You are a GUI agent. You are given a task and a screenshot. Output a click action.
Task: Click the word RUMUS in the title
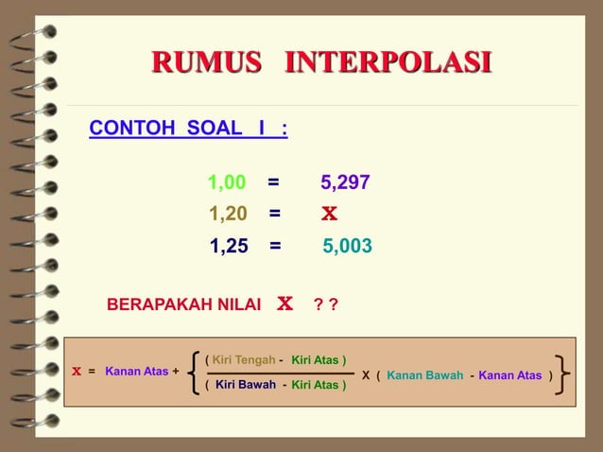tap(206, 63)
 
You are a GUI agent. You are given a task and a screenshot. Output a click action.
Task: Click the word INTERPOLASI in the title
tap(388, 63)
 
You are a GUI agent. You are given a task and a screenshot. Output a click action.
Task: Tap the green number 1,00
tap(227, 183)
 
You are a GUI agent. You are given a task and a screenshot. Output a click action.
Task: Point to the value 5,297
tap(345, 183)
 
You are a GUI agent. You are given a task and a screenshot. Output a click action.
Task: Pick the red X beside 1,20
tap(329, 214)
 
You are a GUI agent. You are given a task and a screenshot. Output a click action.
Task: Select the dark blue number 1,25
tap(229, 247)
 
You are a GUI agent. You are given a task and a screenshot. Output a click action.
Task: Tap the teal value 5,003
tap(347, 247)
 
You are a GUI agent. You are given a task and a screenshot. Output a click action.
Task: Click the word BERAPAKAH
tap(155, 305)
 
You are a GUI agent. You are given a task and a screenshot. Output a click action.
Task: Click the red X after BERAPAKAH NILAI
tap(284, 304)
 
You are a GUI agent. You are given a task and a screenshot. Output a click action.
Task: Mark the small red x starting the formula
tap(77, 373)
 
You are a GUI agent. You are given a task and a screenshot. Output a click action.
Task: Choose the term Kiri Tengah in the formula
tap(243, 360)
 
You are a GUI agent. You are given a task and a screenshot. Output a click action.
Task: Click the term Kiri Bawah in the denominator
tap(246, 385)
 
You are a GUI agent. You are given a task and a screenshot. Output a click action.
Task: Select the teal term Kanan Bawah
tap(424, 375)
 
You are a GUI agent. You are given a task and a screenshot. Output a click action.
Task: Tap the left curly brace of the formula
tap(194, 373)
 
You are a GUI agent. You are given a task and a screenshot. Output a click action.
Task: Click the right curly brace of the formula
tap(562, 374)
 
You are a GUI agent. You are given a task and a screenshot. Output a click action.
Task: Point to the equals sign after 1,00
tap(272, 183)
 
